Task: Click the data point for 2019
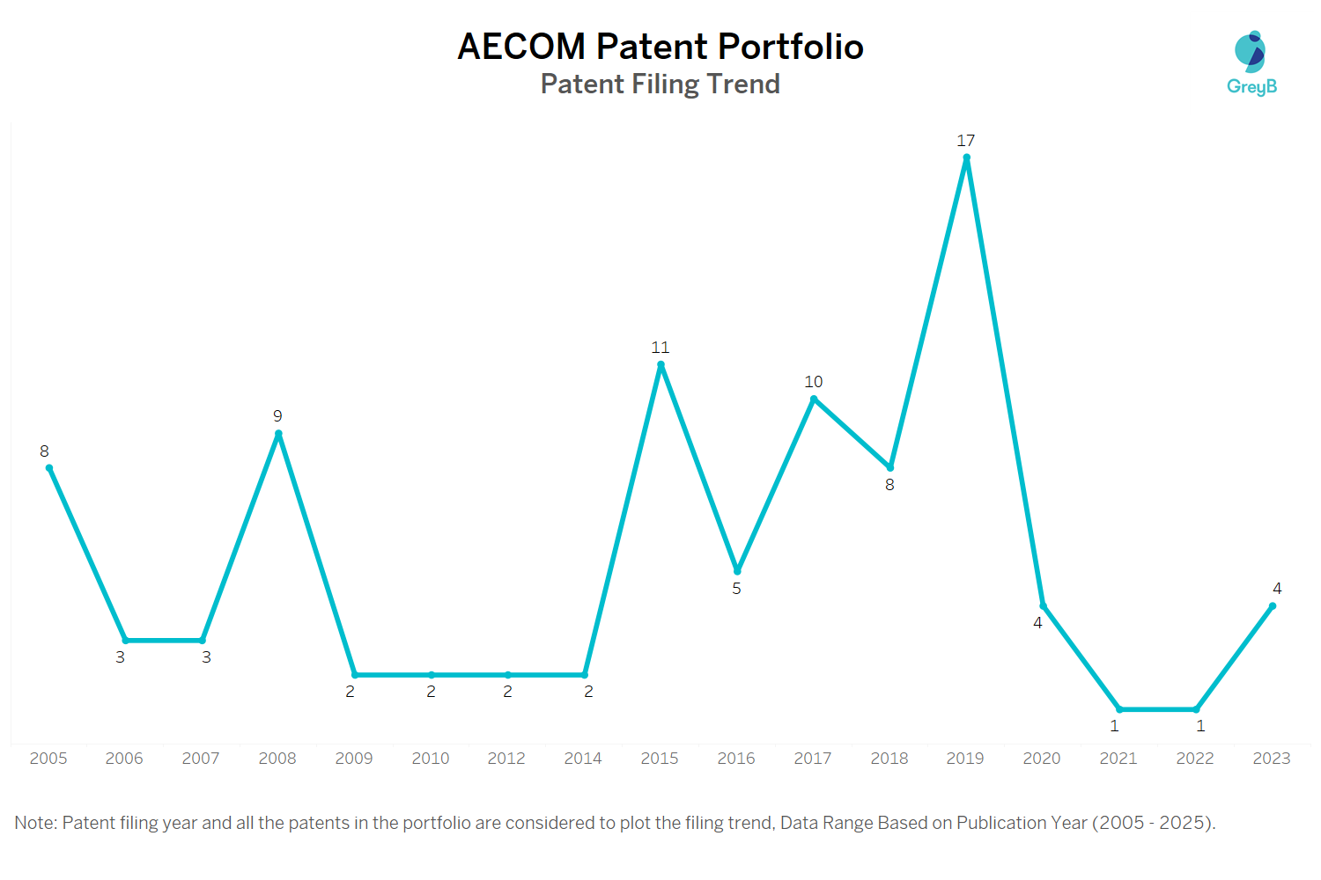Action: (x=966, y=158)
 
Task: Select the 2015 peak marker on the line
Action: (x=660, y=365)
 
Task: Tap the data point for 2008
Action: (x=278, y=434)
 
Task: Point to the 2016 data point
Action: (x=737, y=571)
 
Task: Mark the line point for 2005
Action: (x=49, y=468)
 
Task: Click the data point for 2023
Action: (x=1272, y=606)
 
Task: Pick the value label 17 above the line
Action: (x=965, y=141)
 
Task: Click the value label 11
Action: (x=660, y=348)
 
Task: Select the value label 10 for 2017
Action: (x=813, y=382)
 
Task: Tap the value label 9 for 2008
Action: (x=277, y=416)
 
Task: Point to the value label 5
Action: (x=736, y=589)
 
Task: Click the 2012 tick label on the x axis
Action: (x=506, y=759)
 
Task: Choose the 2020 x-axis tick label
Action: (x=1042, y=759)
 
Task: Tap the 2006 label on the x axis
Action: (x=124, y=759)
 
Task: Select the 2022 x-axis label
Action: (x=1195, y=759)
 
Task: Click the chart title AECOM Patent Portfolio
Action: (x=660, y=47)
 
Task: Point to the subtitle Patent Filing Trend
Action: (x=660, y=84)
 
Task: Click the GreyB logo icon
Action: (x=1251, y=53)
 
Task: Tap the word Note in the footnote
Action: (x=34, y=823)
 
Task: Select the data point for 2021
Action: (x=1119, y=709)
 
